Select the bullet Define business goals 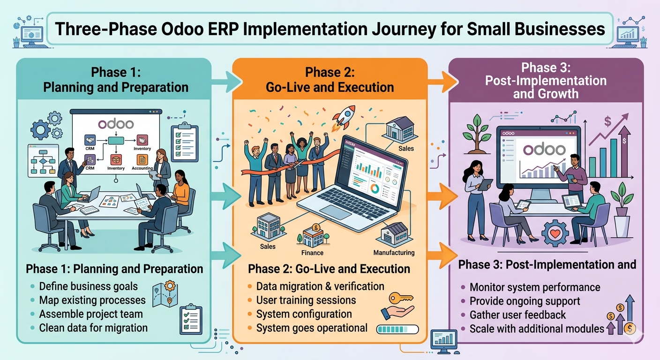[x=88, y=286]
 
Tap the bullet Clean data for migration [x=93, y=328]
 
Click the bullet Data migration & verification [x=320, y=286]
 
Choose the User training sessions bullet [x=306, y=300]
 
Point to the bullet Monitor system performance [x=534, y=287]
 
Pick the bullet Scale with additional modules [x=537, y=329]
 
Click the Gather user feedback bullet [x=517, y=315]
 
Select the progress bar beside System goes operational [x=397, y=329]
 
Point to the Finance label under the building [x=312, y=253]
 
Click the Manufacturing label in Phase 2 [x=394, y=253]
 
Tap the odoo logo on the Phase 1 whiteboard [x=115, y=124]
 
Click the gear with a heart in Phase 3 [x=555, y=233]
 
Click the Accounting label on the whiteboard [x=142, y=168]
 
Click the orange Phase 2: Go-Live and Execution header [x=330, y=80]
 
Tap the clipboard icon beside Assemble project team [x=190, y=318]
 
